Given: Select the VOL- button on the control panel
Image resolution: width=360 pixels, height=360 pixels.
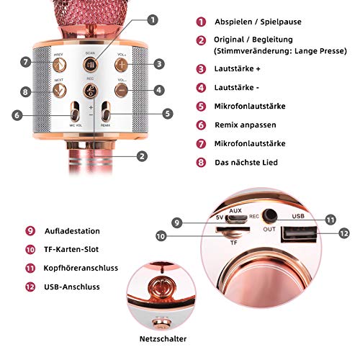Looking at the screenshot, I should (123, 91).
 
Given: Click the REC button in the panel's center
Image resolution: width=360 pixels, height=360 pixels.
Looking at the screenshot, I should (90, 90).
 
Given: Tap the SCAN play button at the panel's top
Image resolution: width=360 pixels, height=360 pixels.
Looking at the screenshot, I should (90, 64).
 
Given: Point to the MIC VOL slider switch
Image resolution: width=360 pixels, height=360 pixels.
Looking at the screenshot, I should (74, 113).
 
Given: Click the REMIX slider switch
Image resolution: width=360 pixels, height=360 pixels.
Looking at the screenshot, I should (106, 113).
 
